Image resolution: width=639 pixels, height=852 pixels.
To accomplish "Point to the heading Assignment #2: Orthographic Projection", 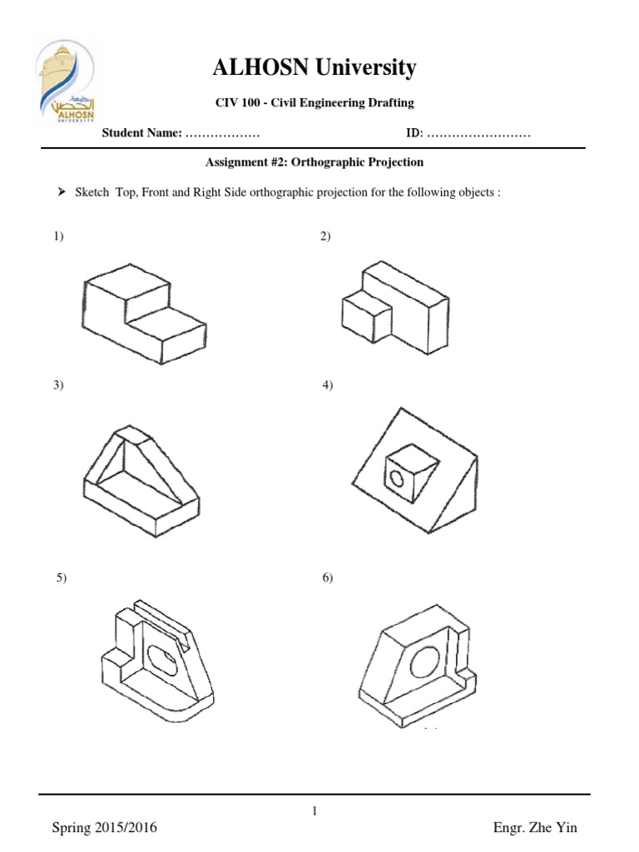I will [x=315, y=162].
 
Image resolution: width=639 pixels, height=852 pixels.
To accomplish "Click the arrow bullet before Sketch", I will [x=62, y=192].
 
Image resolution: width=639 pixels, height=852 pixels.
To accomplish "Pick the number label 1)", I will [x=59, y=237].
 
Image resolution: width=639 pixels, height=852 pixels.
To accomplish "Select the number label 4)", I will [x=327, y=385].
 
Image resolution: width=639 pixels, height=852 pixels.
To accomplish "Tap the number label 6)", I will [x=327, y=577].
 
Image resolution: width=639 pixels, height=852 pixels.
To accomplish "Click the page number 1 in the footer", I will [x=315, y=812].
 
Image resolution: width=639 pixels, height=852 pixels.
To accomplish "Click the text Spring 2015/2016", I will [x=104, y=828].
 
